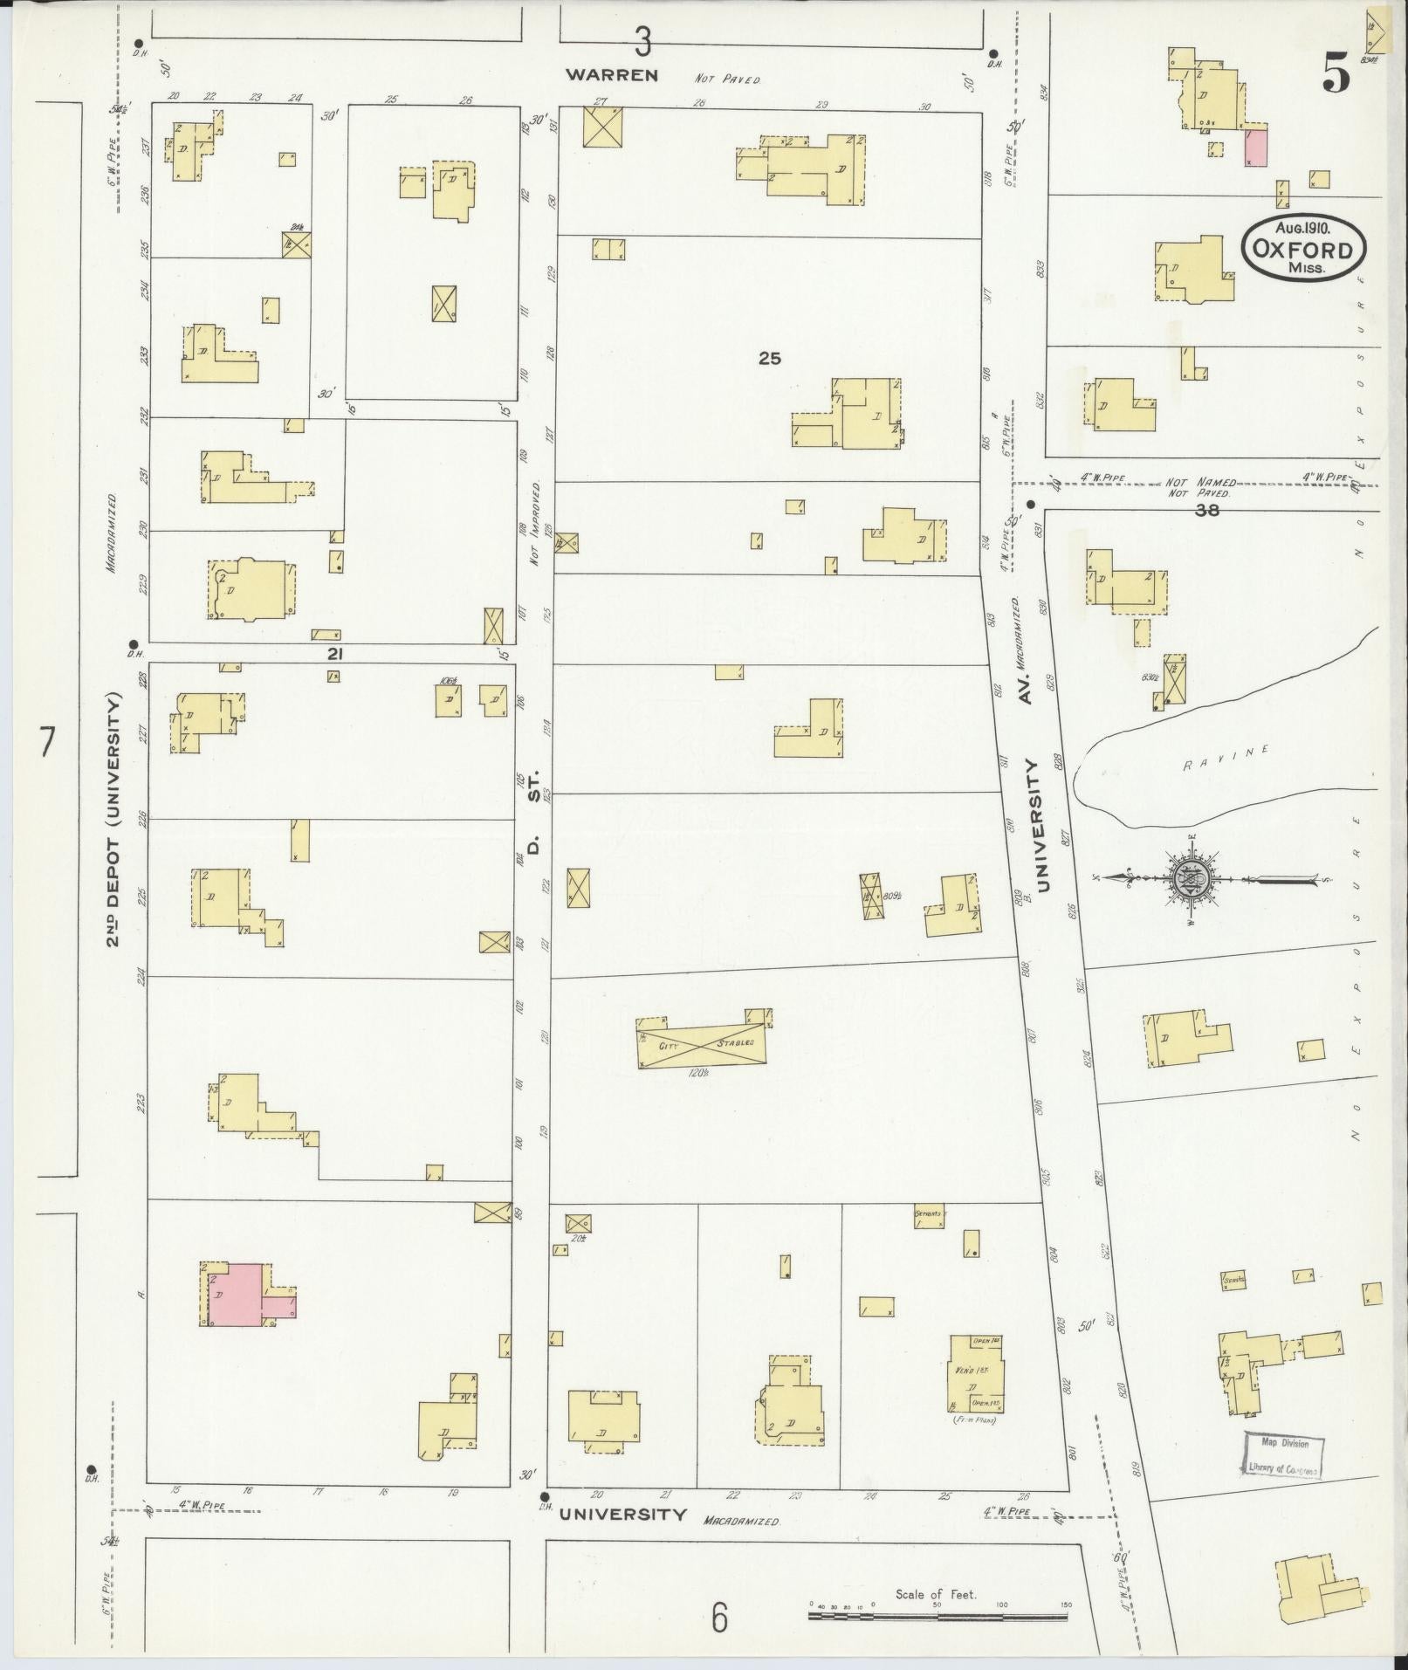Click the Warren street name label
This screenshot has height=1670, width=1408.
coord(611,75)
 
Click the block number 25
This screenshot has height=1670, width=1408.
coord(769,358)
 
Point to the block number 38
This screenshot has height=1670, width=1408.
coord(1207,511)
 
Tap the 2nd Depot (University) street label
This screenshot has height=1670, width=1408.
coord(113,821)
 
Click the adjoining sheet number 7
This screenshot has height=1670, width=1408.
coord(47,744)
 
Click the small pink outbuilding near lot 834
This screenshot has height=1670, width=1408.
coord(1255,146)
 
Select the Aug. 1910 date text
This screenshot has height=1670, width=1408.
coord(1302,228)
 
